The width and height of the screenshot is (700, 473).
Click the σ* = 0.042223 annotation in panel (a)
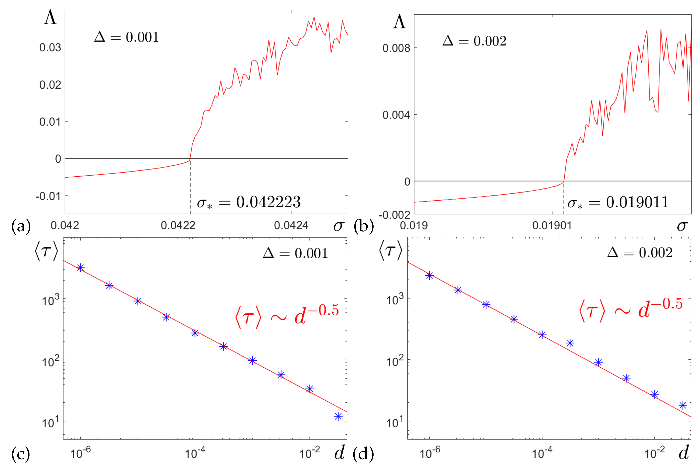coord(249,202)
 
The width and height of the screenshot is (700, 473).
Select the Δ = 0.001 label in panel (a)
coord(127,37)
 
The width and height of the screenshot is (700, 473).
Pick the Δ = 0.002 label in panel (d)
coord(640,253)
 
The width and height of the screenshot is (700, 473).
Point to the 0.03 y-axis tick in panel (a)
coord(50,47)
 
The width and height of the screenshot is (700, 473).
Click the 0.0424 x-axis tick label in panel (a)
coord(291,225)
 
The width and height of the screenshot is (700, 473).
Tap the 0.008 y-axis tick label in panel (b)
coord(396,48)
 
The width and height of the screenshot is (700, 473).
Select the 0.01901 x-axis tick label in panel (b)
coord(552,225)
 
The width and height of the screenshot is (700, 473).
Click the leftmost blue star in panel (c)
coord(80,268)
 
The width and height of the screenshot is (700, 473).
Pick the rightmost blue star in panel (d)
coord(683,405)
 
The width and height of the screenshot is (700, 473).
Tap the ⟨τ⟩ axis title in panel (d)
coord(390,250)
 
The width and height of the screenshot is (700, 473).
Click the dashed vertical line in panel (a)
coord(191,187)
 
